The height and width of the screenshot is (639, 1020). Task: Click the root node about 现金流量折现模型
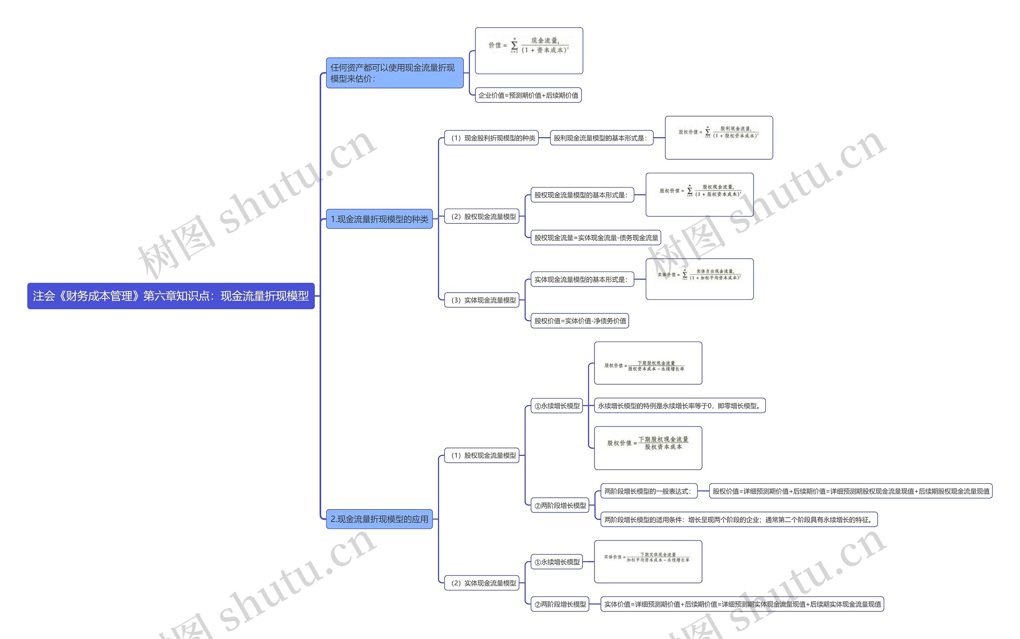[x=171, y=296]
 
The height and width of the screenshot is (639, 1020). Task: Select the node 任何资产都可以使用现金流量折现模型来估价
[x=394, y=73]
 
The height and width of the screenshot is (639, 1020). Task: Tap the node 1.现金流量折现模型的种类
[x=379, y=219]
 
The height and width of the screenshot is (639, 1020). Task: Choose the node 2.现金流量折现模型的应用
[x=379, y=519]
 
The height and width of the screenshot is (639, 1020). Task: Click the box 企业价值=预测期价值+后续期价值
[x=528, y=95]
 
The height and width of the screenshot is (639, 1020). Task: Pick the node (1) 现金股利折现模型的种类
[x=491, y=138]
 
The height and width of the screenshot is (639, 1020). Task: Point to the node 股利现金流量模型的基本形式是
[x=601, y=138]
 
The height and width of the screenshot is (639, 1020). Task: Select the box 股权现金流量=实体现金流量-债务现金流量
[x=595, y=238]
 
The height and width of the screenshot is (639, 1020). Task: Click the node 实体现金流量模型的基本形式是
[x=582, y=279]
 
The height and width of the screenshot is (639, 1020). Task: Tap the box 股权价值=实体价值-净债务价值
[x=579, y=321]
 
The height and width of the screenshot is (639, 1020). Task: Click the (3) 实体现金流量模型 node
[x=481, y=300]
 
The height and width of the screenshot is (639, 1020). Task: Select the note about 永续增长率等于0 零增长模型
[x=680, y=406]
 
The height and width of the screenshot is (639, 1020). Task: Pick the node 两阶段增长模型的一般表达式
[x=648, y=491]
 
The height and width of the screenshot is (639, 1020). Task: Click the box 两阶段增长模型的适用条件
[x=738, y=520]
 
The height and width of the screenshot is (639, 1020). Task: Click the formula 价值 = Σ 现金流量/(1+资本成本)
[x=529, y=51]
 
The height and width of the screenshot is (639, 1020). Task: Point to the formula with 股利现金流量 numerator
[x=718, y=138]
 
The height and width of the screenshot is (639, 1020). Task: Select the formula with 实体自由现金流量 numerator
[x=699, y=279]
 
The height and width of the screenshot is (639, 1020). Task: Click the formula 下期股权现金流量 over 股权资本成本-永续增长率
[x=647, y=363]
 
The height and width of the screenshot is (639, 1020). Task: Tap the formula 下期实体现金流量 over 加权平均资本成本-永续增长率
[x=647, y=561]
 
